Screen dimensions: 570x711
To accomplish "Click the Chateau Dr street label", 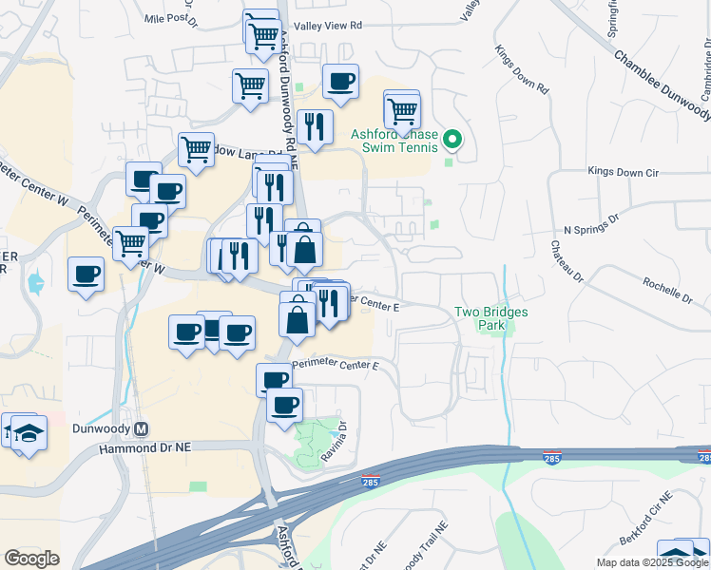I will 566,262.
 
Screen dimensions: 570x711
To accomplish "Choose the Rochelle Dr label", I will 671,282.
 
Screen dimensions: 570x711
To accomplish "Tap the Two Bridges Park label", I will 490,318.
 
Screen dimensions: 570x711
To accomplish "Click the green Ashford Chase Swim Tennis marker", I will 452,141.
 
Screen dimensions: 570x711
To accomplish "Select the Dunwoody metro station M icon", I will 142,427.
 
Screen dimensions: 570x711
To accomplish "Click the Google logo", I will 31,559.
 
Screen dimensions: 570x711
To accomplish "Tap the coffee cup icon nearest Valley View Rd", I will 340,82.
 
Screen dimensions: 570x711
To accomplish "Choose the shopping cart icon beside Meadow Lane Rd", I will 196,148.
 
